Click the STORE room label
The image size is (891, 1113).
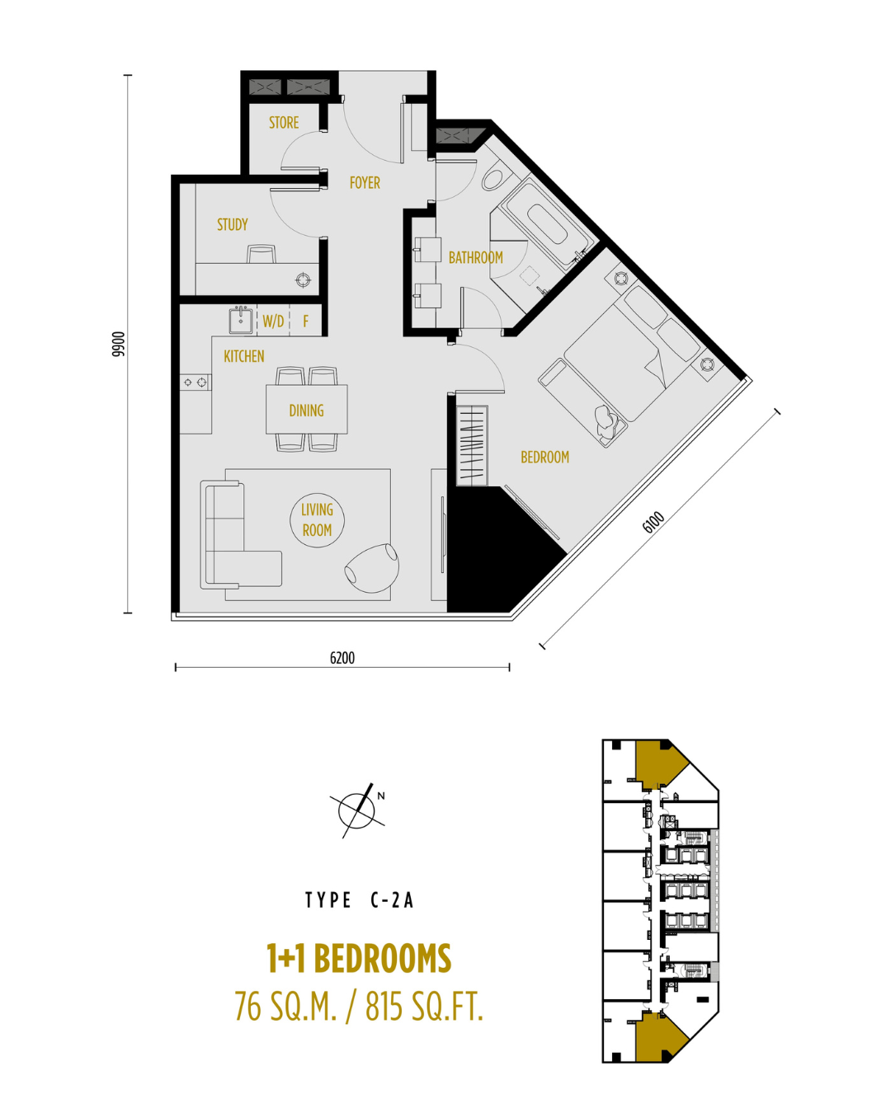pyautogui.click(x=284, y=123)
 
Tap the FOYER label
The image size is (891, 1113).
pyautogui.click(x=365, y=182)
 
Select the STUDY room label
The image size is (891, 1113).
pyautogui.click(x=233, y=224)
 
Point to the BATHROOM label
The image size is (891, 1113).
pyautogui.click(x=475, y=257)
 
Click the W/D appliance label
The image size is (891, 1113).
pyautogui.click(x=273, y=322)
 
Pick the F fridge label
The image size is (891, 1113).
pyautogui.click(x=306, y=322)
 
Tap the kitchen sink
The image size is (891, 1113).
pyautogui.click(x=241, y=320)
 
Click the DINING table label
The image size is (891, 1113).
pyautogui.click(x=307, y=411)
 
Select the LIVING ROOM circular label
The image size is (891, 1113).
pyautogui.click(x=318, y=519)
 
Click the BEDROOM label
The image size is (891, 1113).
pyautogui.click(x=544, y=458)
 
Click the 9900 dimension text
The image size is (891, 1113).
pyautogui.click(x=119, y=344)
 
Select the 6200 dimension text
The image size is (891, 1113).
pyautogui.click(x=342, y=658)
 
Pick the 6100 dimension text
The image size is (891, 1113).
pyautogui.click(x=653, y=523)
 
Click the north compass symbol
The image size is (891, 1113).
pyautogui.click(x=358, y=810)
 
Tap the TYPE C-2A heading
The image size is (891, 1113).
pyautogui.click(x=360, y=900)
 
